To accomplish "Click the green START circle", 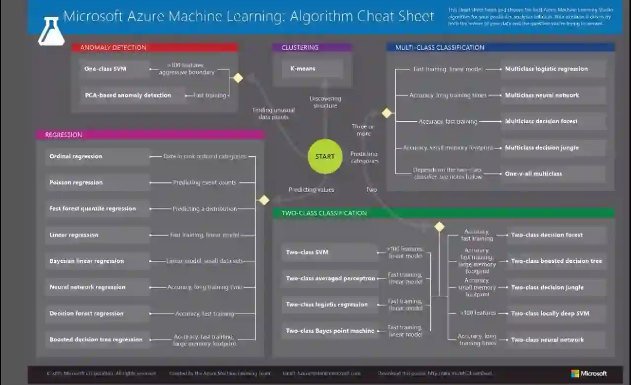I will pos(325,157).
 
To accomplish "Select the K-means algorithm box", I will pos(313,69).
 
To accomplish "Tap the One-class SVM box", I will pos(114,69).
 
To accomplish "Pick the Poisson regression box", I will pos(97,182).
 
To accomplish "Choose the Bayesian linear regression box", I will pos(97,261).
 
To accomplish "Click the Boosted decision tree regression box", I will pos(97,340).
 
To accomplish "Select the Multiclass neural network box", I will pos(553,95).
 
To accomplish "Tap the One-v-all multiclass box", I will pos(553,174).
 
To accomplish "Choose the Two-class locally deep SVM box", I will pos(556,314).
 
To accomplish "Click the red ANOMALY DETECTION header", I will pos(155,48).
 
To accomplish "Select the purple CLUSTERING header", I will pos(312,48).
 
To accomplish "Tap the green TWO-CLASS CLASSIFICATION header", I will pos(444,213).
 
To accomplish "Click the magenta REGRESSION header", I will pos(150,135).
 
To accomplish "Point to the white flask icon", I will pos(51,32).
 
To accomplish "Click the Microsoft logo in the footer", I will pos(589,374).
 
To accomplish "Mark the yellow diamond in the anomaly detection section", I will pos(238,78).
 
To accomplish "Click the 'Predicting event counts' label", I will pos(205,183).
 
